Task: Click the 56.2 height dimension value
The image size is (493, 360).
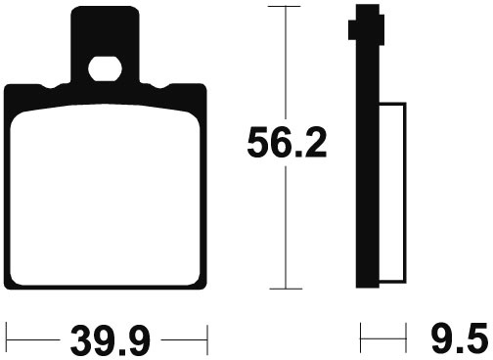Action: click(287, 143)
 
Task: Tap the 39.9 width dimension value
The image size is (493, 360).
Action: click(111, 340)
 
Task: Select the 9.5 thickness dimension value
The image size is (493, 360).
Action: click(462, 340)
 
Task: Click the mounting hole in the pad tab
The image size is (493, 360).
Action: click(105, 68)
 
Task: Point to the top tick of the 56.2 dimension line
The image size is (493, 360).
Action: click(284, 7)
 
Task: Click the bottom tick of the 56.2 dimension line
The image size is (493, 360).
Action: click(286, 289)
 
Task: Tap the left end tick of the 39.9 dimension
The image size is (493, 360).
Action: click(7, 339)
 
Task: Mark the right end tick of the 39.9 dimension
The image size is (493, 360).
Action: click(207, 339)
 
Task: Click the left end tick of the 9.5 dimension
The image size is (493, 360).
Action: click(361, 337)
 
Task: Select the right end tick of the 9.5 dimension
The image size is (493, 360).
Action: click(406, 337)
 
